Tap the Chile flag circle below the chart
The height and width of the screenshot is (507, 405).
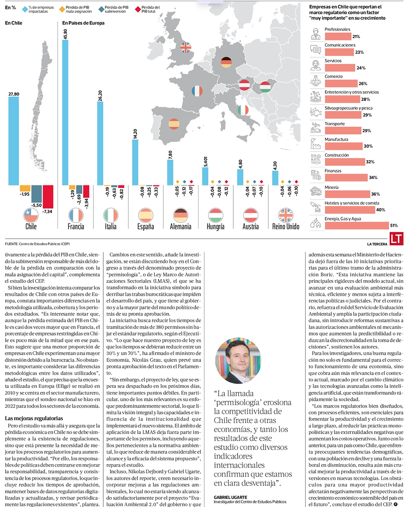tap(31, 215)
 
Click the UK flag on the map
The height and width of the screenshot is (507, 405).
tap(185, 48)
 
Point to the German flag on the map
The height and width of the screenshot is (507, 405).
tap(226, 62)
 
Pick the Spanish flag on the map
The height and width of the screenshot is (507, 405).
tap(174, 123)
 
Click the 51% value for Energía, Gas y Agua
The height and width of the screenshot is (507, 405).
tap(394, 225)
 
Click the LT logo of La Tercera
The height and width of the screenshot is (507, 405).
tap(397, 239)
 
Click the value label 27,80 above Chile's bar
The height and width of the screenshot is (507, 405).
tap(13, 94)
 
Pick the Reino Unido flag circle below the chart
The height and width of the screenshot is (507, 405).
tap(286, 215)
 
